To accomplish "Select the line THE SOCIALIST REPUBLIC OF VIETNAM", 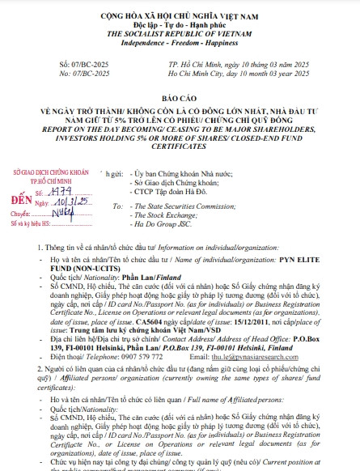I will coord(180,26).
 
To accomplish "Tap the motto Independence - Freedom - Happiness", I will coord(180,36).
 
